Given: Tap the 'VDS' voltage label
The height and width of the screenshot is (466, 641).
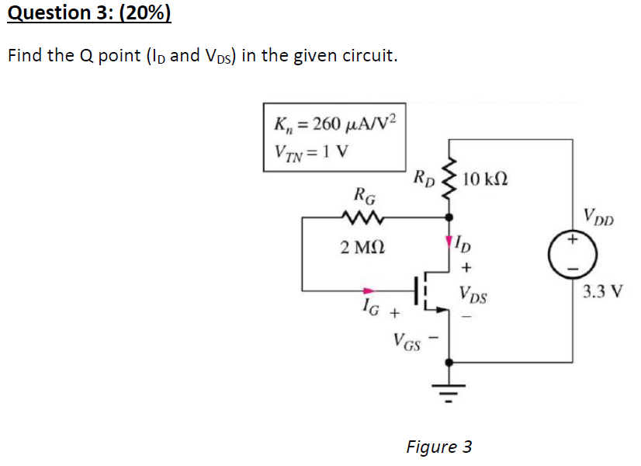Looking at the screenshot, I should pyautogui.click(x=473, y=294).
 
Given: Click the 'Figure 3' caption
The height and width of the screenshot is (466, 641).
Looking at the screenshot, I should pyautogui.click(x=438, y=447).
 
